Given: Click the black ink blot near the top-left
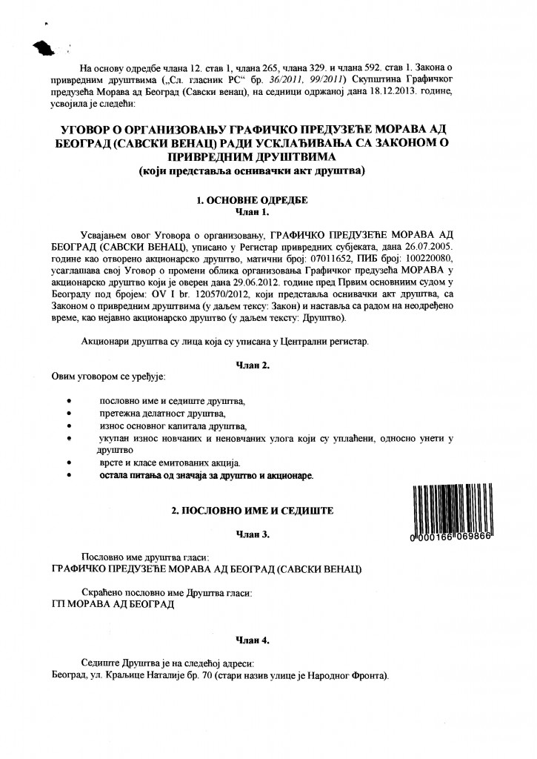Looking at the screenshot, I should click(x=47, y=48).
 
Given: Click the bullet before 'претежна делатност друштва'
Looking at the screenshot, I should click(x=69, y=413).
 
